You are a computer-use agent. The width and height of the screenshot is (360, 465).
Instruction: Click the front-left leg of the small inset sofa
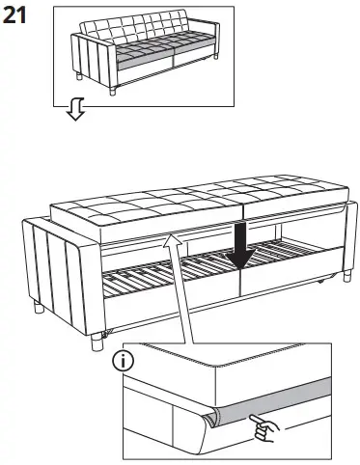[116, 93]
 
